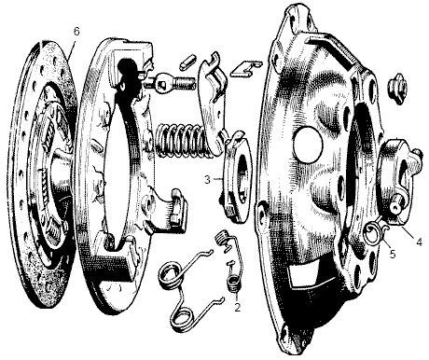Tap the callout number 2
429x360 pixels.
click(238, 305)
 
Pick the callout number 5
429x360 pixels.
click(393, 254)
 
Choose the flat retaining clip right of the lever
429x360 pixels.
click(245, 68)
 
